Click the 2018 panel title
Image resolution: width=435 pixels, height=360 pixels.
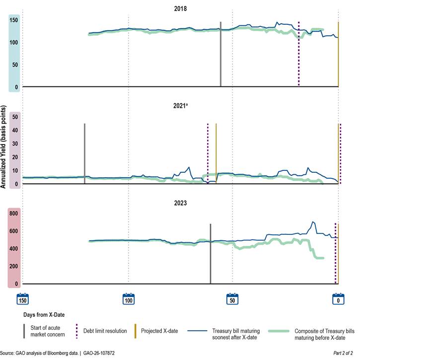[x=180, y=8]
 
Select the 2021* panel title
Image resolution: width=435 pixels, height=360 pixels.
[x=180, y=106]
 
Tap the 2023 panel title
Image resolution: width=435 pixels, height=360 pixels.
[x=180, y=203]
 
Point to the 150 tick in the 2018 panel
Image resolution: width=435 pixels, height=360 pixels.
[x=14, y=20]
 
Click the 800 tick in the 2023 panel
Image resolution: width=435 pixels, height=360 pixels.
[x=13, y=214]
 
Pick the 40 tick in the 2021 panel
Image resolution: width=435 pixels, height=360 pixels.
[x=14, y=131]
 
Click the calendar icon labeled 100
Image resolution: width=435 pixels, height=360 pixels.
[x=128, y=299]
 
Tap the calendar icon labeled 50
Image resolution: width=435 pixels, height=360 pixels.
[x=232, y=299]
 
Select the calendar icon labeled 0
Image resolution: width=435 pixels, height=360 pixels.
[x=338, y=299]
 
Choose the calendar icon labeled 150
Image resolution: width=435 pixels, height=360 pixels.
[x=23, y=299]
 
